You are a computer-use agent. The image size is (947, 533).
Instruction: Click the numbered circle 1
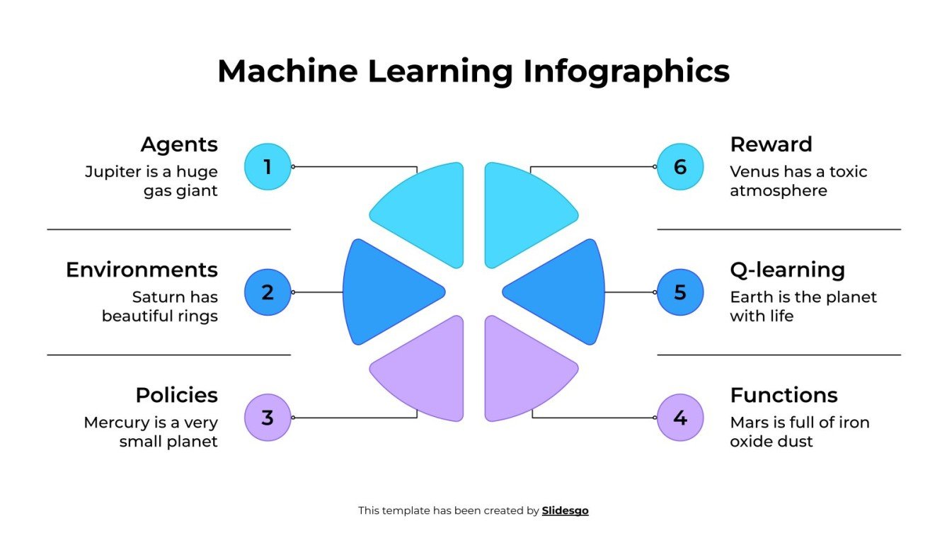(268, 167)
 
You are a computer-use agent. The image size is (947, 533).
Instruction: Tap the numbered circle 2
(268, 292)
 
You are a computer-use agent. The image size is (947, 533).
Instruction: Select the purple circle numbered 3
(268, 418)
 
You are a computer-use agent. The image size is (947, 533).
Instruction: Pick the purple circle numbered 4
(680, 418)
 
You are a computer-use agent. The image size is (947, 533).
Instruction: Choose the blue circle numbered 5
(680, 292)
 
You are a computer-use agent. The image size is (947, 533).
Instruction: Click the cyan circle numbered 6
(680, 167)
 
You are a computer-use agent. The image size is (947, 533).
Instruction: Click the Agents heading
(179, 144)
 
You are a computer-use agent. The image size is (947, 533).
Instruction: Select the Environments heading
(142, 270)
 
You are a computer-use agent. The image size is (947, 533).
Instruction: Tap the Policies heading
(176, 395)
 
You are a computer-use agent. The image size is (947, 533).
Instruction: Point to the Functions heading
(784, 395)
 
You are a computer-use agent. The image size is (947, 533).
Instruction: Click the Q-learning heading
(787, 270)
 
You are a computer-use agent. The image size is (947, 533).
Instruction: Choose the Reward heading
(771, 144)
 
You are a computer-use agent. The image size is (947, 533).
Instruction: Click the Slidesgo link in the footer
(565, 510)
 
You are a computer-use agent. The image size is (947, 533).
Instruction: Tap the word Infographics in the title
(626, 71)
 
